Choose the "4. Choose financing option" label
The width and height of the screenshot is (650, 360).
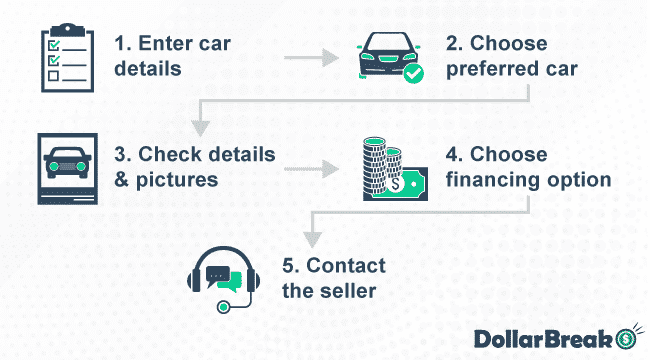(526, 166)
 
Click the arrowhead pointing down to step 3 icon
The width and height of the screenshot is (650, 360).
(201, 127)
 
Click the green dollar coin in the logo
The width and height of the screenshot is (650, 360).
(627, 337)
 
